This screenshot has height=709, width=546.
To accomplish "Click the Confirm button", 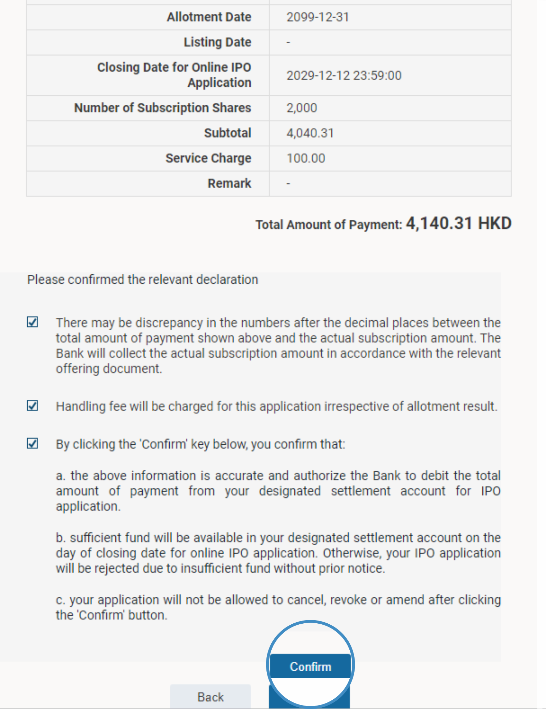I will point(310,666).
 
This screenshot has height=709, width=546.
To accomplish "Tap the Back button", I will point(210,697).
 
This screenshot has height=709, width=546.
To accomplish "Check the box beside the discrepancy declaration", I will point(32,322).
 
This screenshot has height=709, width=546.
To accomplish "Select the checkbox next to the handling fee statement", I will point(32,405).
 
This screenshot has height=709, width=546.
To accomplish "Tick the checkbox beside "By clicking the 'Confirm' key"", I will point(32,443).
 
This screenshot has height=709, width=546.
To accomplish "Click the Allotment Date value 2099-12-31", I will point(318,17).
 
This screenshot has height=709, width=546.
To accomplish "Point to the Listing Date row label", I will point(217,42).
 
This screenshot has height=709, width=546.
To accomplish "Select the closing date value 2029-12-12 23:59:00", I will point(344,76).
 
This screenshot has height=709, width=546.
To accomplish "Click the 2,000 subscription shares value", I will point(301,108).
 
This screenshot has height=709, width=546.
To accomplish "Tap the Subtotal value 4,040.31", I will point(310,133).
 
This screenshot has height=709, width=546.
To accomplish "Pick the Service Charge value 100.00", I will point(306,158).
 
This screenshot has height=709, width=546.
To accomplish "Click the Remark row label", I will point(229,183).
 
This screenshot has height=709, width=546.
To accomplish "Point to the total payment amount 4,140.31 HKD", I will point(459,223).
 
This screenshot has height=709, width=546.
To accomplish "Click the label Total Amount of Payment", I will point(329,225).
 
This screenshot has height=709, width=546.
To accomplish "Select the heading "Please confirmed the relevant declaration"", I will point(143,280).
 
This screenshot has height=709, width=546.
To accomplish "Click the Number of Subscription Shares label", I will point(163,108).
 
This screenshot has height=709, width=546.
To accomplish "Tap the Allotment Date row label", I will point(209,17).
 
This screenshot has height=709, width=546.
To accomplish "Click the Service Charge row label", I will point(208,158).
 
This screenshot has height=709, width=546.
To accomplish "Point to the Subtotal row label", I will point(227,133).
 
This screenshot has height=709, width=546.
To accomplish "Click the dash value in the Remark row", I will point(288,183).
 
